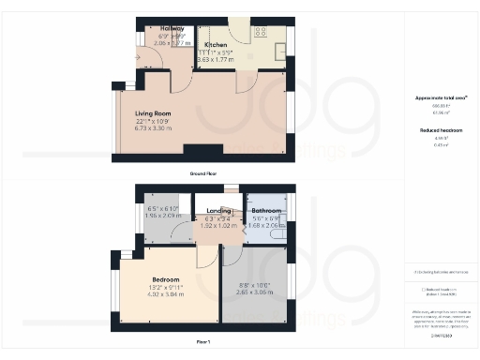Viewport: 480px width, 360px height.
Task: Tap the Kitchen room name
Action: (x=215, y=43)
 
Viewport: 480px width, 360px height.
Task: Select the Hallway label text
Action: (x=157, y=29)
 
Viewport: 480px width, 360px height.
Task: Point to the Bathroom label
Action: (x=267, y=211)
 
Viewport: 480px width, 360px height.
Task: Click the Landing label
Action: (x=219, y=211)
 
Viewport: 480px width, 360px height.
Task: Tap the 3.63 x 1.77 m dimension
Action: (x=217, y=58)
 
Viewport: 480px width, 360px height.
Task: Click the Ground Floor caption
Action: (x=202, y=173)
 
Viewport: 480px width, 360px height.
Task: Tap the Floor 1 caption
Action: (x=203, y=342)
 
